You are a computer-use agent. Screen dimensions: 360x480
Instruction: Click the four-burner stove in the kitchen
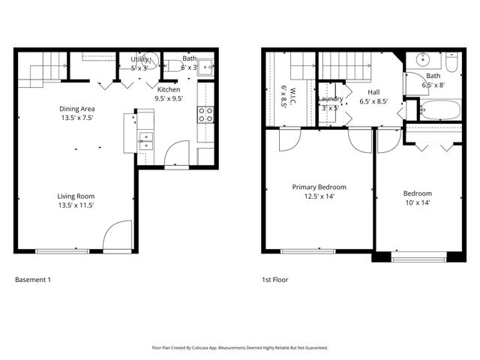pos(205,115)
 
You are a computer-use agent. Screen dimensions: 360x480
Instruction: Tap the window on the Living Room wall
pos(59,250)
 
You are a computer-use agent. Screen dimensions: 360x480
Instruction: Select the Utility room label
pos(139,58)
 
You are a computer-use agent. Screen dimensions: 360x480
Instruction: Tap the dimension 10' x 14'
pos(416,202)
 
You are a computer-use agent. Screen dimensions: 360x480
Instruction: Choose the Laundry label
pos(330,99)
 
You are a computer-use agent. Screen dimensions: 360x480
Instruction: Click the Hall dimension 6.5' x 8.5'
pos(373,101)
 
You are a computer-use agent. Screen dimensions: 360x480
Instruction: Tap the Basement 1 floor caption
pos(33,280)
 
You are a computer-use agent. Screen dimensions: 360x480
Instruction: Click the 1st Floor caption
pos(274,280)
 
